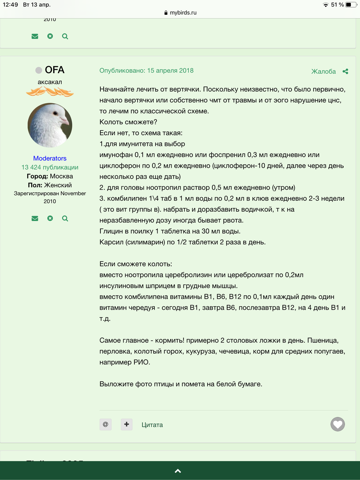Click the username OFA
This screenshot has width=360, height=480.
click(54, 70)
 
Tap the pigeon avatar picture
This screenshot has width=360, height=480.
click(50, 125)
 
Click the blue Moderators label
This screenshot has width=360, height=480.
click(50, 158)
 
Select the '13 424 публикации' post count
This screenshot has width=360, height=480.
click(50, 167)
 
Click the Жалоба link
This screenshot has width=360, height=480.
click(324, 72)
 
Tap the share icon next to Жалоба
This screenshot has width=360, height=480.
click(345, 72)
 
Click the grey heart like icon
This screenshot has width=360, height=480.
click(338, 424)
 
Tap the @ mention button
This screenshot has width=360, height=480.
click(106, 424)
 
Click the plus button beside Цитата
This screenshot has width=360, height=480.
click(127, 424)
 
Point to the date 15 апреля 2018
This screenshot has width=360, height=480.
click(170, 70)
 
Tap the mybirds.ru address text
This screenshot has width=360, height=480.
click(183, 13)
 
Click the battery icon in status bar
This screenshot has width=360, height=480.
click(351, 5)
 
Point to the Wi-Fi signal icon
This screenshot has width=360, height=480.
click(326, 5)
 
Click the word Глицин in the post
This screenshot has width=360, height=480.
click(111, 231)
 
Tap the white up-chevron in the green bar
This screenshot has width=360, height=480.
click(178, 471)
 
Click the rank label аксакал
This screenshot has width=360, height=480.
click(50, 82)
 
